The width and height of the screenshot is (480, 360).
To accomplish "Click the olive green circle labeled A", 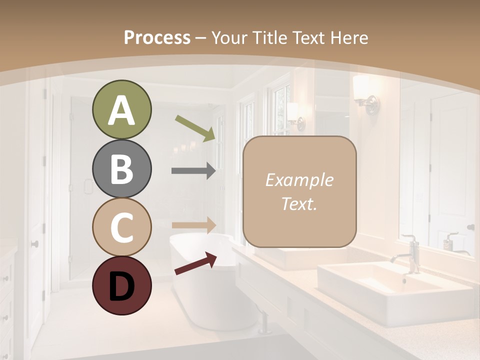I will click(121, 110).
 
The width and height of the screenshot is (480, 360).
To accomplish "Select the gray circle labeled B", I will click(121, 169).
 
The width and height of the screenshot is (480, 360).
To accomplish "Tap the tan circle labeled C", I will click(121, 227).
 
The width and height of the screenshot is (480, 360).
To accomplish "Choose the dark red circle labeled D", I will click(121, 285).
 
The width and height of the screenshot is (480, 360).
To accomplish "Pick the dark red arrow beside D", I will click(195, 263).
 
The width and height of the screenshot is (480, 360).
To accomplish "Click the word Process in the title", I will click(157, 37).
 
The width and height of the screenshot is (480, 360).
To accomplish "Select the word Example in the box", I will click(299, 180).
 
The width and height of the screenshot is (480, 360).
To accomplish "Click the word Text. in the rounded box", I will click(299, 204).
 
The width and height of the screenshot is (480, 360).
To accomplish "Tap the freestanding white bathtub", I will click(210, 280).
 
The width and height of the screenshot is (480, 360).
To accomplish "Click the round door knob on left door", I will click(34, 244).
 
